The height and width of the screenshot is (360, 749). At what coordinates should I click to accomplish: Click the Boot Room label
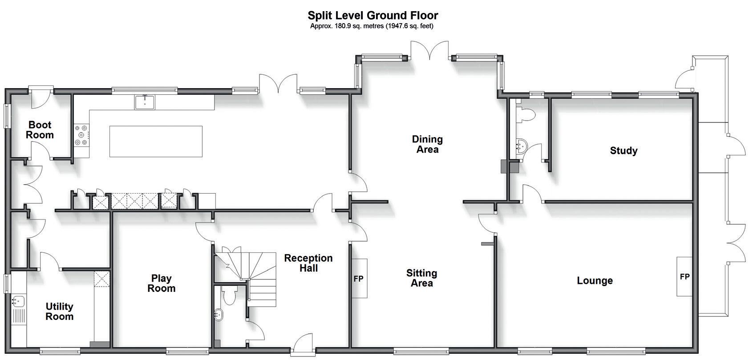[x=40, y=130]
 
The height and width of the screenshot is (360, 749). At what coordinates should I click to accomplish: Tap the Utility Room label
[x=59, y=311]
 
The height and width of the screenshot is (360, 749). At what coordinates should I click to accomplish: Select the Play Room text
[x=161, y=283]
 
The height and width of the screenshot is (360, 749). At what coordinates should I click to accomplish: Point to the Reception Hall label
[x=308, y=263]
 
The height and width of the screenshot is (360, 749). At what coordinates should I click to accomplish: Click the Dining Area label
[x=427, y=144]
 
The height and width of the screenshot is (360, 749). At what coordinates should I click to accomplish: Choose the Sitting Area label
[x=421, y=278]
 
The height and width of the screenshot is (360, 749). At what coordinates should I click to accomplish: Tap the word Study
[x=623, y=151]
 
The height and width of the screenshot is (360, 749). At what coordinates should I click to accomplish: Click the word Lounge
[x=595, y=281]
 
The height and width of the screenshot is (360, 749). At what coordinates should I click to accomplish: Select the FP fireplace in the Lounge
[x=684, y=277]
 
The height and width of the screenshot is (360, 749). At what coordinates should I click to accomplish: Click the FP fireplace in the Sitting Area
[x=359, y=279]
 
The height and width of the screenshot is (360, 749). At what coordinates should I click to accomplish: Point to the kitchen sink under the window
[x=145, y=102]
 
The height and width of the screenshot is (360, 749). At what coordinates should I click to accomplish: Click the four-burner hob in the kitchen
[x=82, y=135]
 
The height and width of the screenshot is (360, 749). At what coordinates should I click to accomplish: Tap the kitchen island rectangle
[x=156, y=141]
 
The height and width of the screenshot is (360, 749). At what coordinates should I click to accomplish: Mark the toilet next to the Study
[x=526, y=115]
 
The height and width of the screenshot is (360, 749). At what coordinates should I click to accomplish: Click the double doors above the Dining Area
[x=429, y=50]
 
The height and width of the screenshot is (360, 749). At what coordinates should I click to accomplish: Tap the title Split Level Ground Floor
[x=373, y=16]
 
